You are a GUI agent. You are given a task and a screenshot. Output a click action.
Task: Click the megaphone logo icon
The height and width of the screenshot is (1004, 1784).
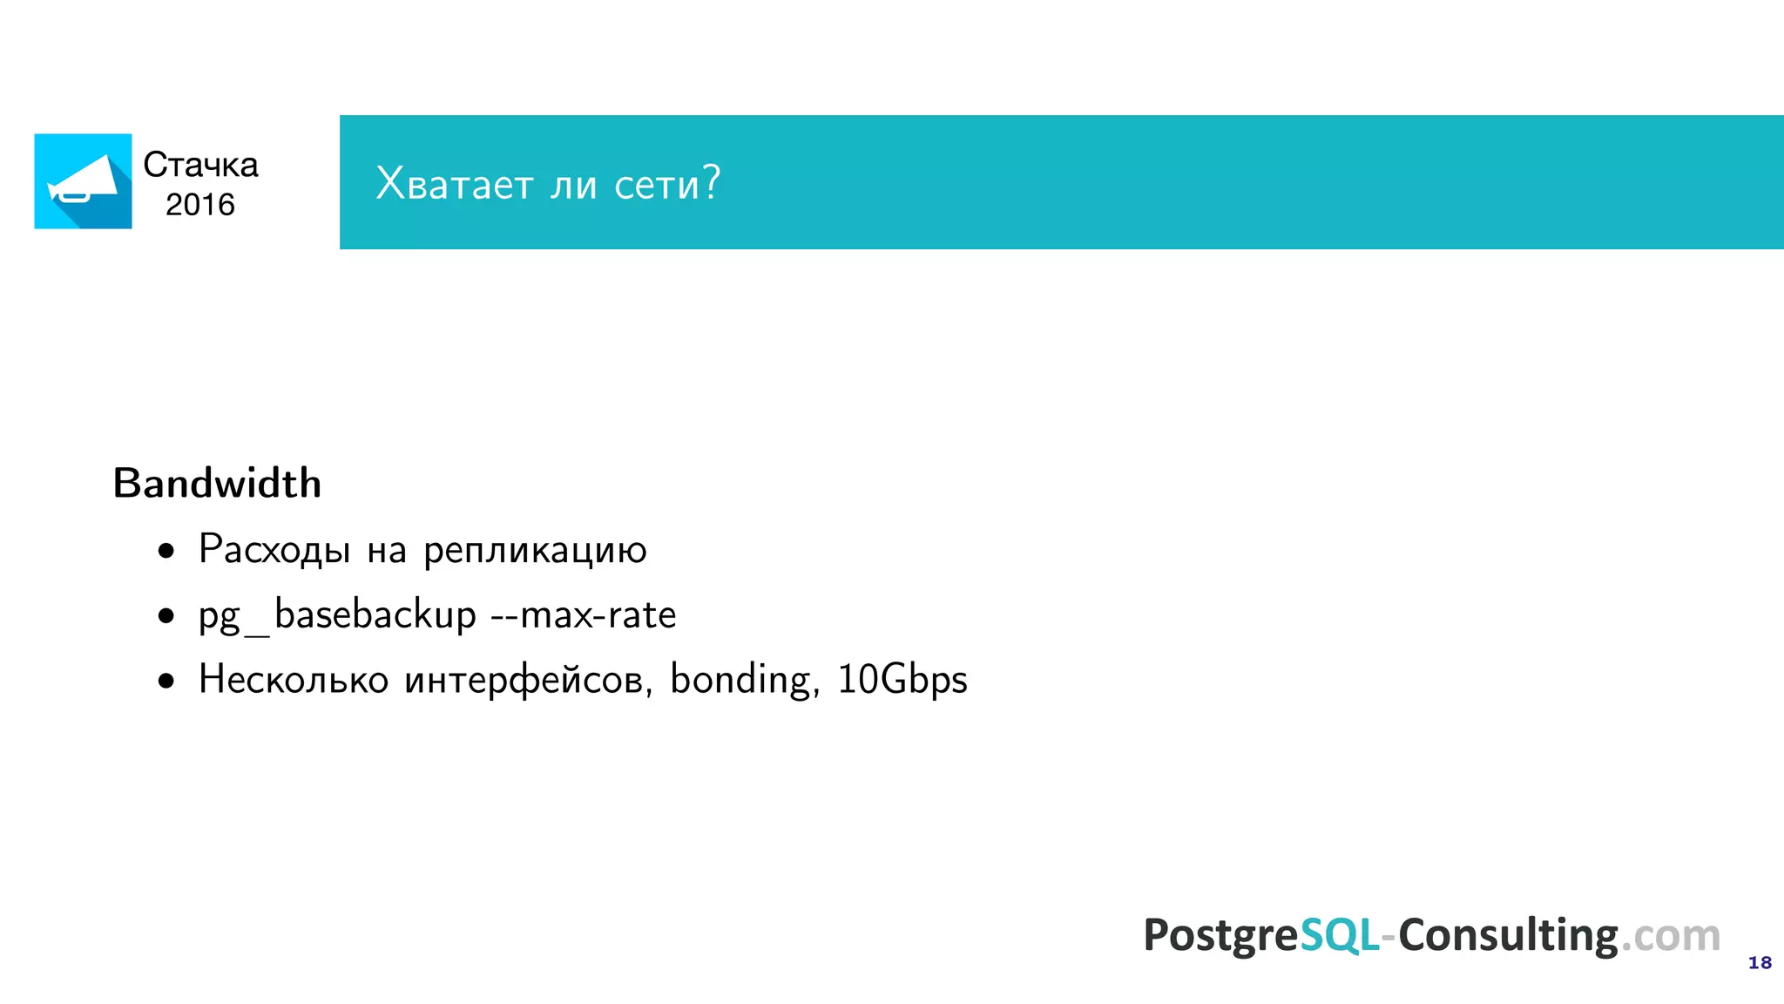(x=83, y=181)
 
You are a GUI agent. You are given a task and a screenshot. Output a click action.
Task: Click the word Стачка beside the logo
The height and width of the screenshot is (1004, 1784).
(x=200, y=165)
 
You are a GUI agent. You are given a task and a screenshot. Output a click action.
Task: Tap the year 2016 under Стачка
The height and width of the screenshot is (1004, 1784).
(x=200, y=205)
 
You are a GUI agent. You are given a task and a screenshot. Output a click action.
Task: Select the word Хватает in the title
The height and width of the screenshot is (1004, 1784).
(x=454, y=183)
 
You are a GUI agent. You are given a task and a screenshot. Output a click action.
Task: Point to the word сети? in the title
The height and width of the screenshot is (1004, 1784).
(x=667, y=183)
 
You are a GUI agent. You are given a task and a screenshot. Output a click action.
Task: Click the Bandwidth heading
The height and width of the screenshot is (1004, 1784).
(x=218, y=484)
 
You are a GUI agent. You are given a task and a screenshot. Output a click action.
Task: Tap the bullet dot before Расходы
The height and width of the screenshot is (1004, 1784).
(x=166, y=552)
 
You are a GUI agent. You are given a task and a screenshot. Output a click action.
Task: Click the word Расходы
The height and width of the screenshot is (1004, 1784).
(x=274, y=550)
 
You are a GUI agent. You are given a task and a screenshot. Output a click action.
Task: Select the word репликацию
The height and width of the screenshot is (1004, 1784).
(x=535, y=550)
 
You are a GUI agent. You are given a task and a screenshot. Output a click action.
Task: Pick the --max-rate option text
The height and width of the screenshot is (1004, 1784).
(x=584, y=615)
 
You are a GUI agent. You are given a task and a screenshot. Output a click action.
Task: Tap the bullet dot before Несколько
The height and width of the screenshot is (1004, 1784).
(x=166, y=682)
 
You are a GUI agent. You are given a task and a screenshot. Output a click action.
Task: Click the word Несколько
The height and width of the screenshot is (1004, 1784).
(x=294, y=680)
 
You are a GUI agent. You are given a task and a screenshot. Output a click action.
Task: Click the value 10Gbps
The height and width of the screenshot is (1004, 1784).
(x=902, y=680)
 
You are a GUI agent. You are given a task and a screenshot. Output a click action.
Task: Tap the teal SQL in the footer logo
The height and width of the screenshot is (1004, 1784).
(x=1339, y=935)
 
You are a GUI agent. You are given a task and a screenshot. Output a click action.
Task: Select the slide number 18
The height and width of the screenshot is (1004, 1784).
(x=1760, y=963)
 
